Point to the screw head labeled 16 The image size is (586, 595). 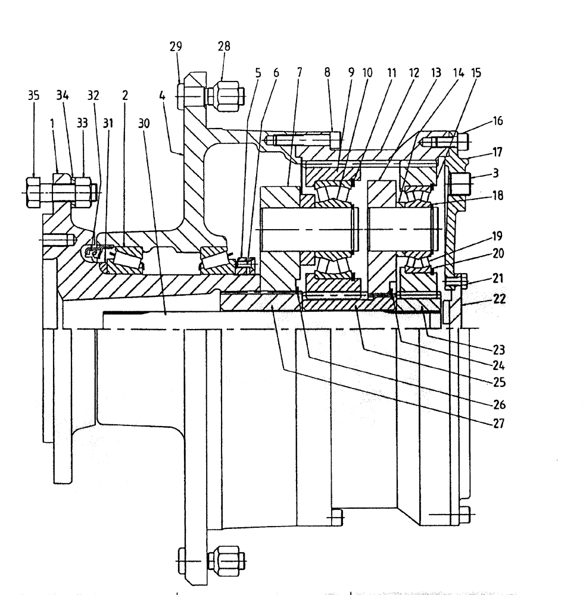pos(464,142)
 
